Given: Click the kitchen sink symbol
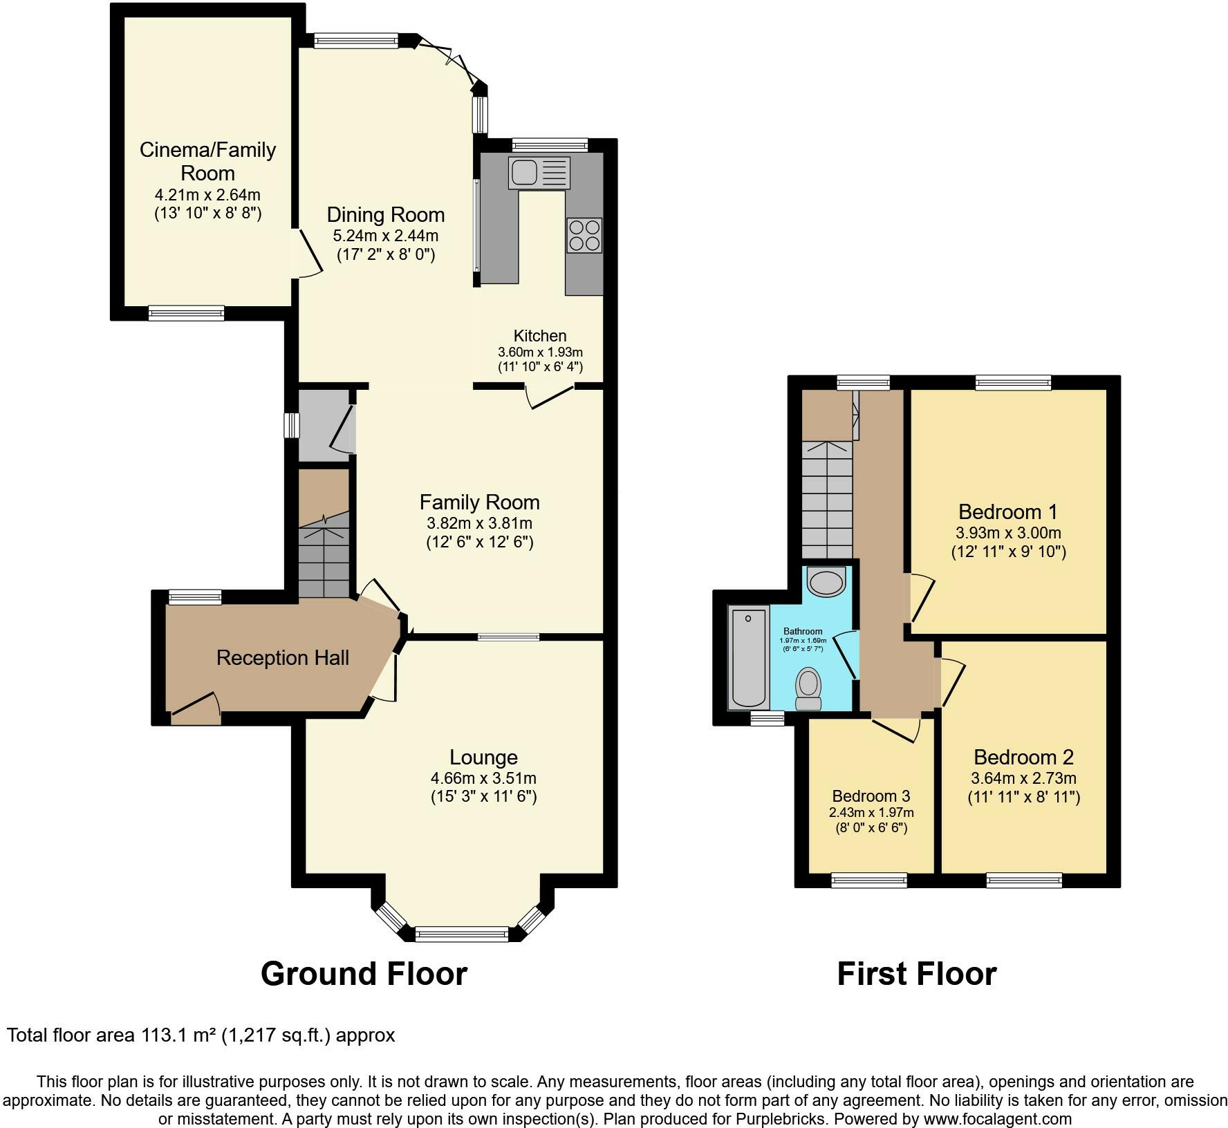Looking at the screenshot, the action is coord(539,173).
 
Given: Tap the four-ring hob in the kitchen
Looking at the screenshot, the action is coord(584,235).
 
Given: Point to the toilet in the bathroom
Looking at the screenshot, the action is coord(808,688).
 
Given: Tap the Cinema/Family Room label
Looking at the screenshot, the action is coord(207,161).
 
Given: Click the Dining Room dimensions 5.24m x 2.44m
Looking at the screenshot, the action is coord(386,236).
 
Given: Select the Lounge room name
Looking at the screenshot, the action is coord(483,758).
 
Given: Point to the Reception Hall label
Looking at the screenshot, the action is coord(282,658).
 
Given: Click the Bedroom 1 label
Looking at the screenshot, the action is coord(1008,512).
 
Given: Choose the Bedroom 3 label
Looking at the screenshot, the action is coord(871,796).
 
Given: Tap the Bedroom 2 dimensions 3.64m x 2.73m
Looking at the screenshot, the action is coord(1023,778).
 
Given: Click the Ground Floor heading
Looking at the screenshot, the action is coord(364,974).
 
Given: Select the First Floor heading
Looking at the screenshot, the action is coord(917,974).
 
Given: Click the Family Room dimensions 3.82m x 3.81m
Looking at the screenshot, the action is coord(480,523).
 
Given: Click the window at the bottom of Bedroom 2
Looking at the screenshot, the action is coord(1024,880).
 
